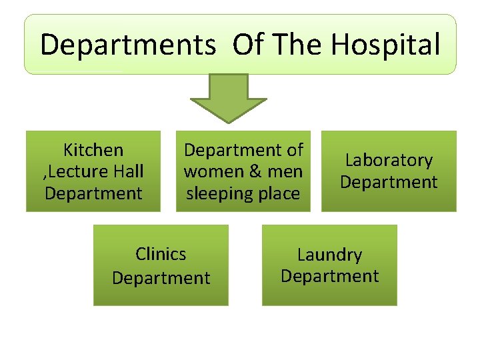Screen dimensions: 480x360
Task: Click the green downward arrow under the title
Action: [x=229, y=97]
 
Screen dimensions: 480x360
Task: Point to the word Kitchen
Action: [x=93, y=150]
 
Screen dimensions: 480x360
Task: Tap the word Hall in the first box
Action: [x=129, y=172]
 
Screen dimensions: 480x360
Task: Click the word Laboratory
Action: [x=389, y=161]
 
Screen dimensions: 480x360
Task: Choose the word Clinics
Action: [x=161, y=254]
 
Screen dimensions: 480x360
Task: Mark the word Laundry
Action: [x=329, y=255]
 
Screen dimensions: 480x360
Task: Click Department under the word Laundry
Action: [x=329, y=276]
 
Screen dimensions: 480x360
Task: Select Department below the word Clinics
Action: [x=161, y=277]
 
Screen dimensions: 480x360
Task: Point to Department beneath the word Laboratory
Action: [x=389, y=182]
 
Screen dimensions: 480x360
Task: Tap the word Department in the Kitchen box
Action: [x=93, y=193]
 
